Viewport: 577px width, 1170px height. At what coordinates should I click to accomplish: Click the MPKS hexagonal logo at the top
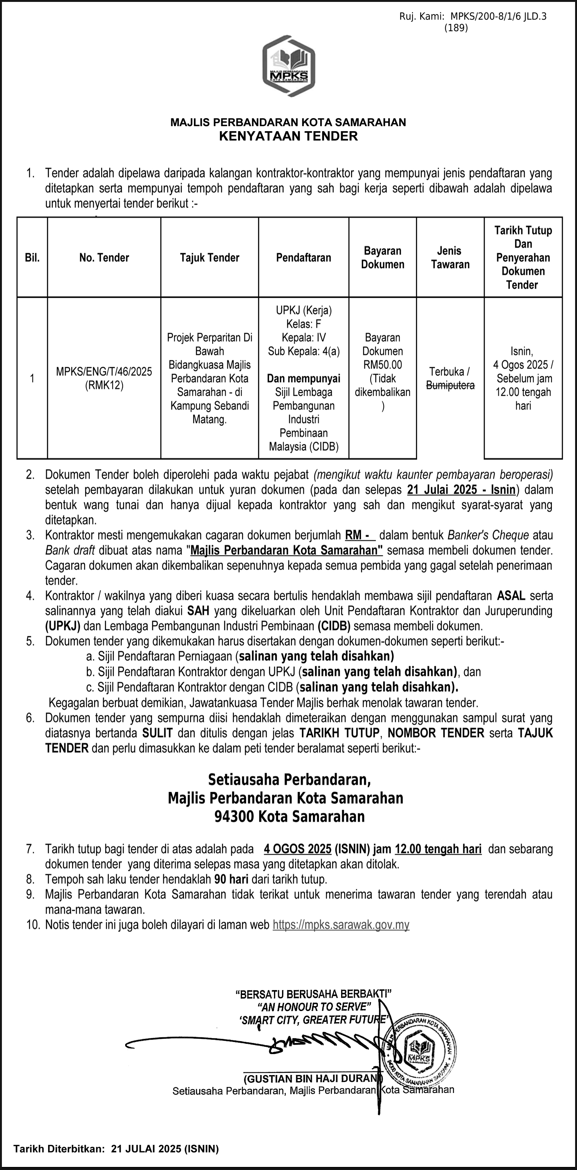(x=289, y=66)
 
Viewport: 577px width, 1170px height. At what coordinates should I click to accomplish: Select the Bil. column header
(x=32, y=258)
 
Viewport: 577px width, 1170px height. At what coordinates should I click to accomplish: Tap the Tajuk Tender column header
(x=209, y=258)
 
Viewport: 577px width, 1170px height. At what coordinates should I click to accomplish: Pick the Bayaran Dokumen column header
(x=382, y=258)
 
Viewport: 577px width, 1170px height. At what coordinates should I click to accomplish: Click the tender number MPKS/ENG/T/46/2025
(x=104, y=372)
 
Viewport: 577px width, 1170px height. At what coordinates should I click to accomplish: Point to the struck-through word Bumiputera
(x=450, y=385)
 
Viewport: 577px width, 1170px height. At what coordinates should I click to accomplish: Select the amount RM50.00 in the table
(x=382, y=365)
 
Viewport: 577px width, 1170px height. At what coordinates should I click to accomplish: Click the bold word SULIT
(x=158, y=733)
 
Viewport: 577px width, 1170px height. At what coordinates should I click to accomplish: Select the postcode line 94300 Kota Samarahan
(x=289, y=817)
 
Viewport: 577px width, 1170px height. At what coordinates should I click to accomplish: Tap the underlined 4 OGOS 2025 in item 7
(x=297, y=849)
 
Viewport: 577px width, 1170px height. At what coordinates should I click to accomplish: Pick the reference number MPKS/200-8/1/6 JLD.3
(x=498, y=17)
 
